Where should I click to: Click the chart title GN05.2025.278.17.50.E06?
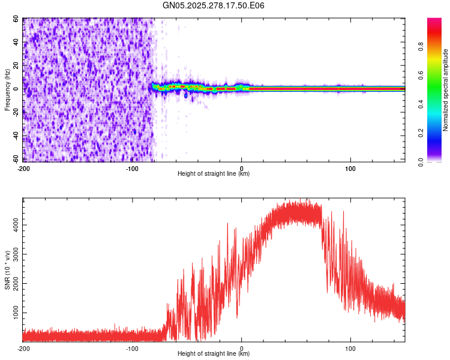pos(214,5)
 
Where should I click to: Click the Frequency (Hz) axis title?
pos(7,89)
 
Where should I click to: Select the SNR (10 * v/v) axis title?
pos(7,269)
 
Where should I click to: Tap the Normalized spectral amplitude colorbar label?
pos(446,90)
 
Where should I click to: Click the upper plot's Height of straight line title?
pos(214,173)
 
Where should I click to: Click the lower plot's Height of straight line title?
pos(214,353)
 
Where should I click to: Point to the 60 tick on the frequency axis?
pos(16,19)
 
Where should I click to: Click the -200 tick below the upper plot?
pos(23,167)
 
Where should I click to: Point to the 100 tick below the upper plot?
pos(350,167)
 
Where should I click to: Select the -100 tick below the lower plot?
pos(132,347)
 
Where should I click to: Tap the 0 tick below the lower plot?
pos(241,347)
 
